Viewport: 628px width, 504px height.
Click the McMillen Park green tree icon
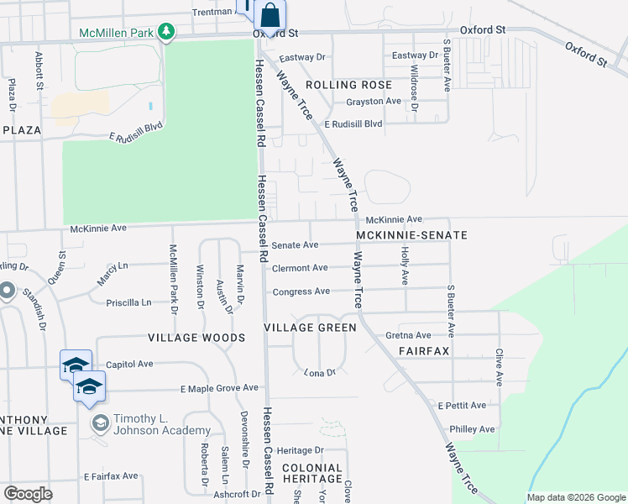[x=167, y=32]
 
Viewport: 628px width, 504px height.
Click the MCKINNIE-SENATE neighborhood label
[x=411, y=235]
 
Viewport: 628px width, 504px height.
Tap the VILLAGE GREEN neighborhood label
[x=311, y=327]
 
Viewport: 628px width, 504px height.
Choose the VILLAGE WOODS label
[x=196, y=338]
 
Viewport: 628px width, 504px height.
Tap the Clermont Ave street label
[x=300, y=268]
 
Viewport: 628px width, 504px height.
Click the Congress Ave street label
[x=301, y=291]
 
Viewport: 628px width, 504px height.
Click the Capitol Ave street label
[x=129, y=365]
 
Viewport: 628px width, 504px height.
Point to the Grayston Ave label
[x=374, y=101]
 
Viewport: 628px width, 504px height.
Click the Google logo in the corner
[x=28, y=493]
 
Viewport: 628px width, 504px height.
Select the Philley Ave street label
[x=473, y=428]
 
